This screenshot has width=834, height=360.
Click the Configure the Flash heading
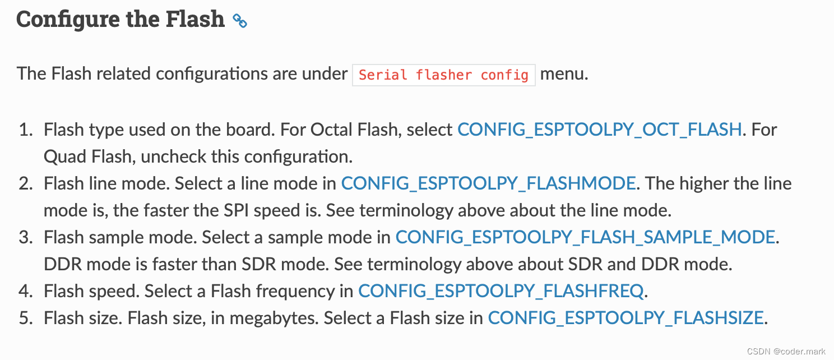click(120, 20)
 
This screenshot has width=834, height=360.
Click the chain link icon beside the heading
click(240, 21)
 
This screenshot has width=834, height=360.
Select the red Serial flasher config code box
click(443, 75)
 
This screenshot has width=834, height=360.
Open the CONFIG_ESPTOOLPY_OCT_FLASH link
click(600, 130)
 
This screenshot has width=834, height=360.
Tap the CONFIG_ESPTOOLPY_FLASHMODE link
click(488, 183)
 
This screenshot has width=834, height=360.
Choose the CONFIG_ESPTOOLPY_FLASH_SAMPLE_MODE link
click(585, 237)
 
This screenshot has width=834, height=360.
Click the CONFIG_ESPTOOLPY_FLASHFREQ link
click(501, 291)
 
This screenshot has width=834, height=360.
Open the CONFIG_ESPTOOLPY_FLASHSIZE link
click(625, 318)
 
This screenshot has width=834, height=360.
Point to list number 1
click(26, 130)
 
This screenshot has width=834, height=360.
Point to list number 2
click(26, 183)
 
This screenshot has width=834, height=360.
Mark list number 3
click(26, 237)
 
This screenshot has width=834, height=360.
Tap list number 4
click(26, 291)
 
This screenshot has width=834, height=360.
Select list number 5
click(26, 318)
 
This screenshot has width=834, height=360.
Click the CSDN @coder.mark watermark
click(786, 351)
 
